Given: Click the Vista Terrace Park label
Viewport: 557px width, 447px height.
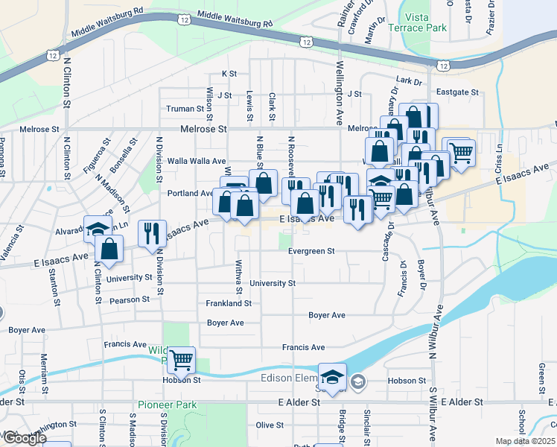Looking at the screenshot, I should point(424,22).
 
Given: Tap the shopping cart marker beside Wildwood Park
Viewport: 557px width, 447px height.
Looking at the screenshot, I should point(181,361).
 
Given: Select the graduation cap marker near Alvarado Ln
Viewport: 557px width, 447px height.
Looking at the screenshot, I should point(98,229).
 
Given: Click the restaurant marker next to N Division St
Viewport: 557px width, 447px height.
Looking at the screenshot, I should point(151,232).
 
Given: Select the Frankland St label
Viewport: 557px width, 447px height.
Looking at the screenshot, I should point(229,304).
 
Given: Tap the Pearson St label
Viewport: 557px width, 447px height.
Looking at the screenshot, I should point(130,299).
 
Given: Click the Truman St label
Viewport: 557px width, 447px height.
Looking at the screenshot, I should point(184,109).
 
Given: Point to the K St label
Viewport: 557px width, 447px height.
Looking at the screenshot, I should point(229,74).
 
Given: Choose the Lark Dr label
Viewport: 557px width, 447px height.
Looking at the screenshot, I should point(409,80).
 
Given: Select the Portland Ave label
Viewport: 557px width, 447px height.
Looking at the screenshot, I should point(191,193).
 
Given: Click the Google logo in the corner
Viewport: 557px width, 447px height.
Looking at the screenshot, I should point(25,437).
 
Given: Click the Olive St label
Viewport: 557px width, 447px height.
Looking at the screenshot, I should point(266,425).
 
